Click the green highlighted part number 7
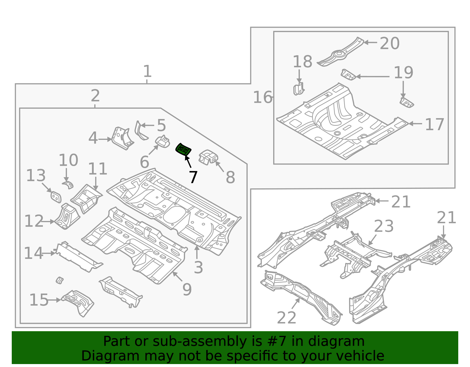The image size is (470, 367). pyautogui.click(x=183, y=149)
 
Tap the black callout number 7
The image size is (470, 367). pyautogui.click(x=193, y=177)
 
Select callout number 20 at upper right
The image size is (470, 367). pyautogui.click(x=390, y=43)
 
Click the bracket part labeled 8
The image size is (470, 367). pyautogui.click(x=208, y=157)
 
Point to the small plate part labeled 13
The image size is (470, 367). pyautogui.click(x=56, y=197)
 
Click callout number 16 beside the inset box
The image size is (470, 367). pyautogui.click(x=263, y=97)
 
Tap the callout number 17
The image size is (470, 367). pyautogui.click(x=434, y=124)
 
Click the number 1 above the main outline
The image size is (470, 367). pyautogui.click(x=147, y=71)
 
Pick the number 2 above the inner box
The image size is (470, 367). pyautogui.click(x=95, y=96)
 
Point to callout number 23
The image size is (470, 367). pyautogui.click(x=384, y=226)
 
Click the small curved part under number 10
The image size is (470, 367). pyautogui.click(x=68, y=185)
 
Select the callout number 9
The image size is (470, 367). pyautogui.click(x=187, y=289)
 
